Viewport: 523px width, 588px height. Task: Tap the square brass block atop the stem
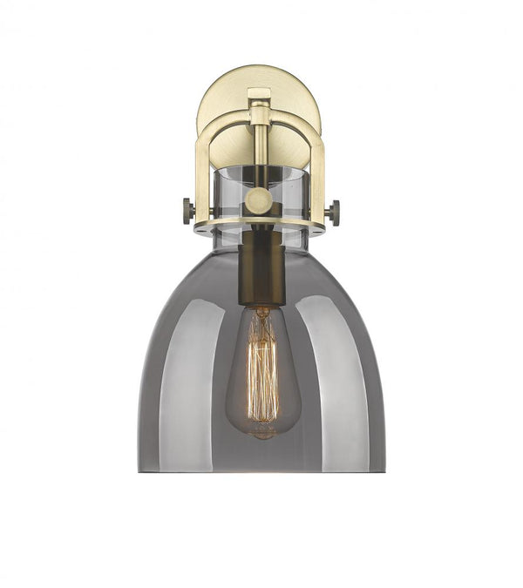point(259,96)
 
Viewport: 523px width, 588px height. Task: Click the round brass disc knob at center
point(258,202)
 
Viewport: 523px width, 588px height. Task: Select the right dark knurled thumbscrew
point(333,211)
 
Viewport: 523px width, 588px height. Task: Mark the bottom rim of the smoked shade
point(261,471)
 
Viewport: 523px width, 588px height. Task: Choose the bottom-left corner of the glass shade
point(140,470)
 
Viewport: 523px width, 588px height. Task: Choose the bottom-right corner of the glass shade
point(384,470)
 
